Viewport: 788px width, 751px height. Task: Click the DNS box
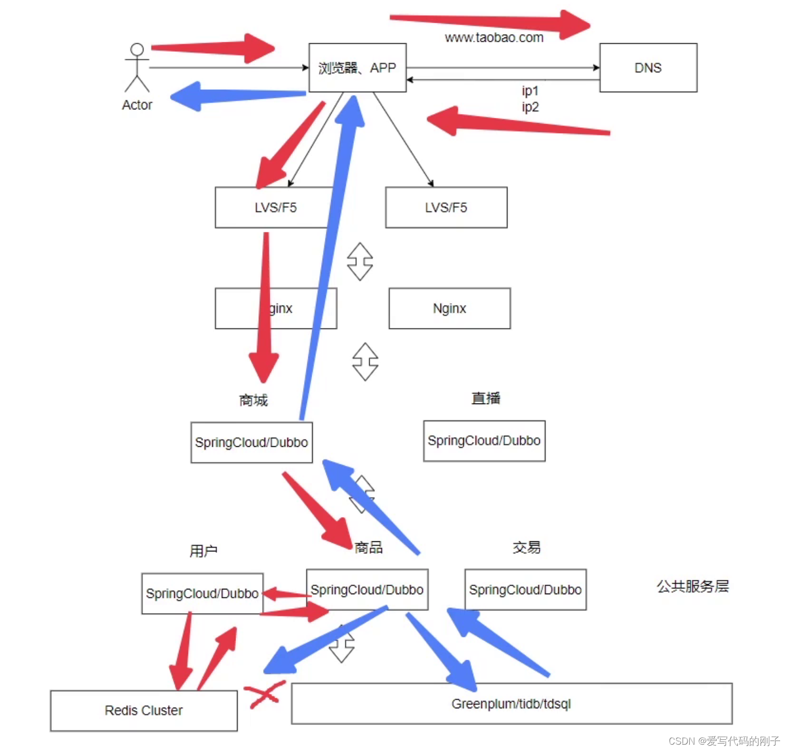[648, 68]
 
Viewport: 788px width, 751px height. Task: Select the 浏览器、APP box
[357, 68]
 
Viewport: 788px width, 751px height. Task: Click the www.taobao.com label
[494, 37]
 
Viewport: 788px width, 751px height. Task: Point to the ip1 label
[530, 91]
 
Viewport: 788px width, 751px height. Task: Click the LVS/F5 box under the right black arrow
[446, 208]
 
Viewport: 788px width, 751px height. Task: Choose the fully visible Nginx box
[449, 308]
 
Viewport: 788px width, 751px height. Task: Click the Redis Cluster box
[144, 710]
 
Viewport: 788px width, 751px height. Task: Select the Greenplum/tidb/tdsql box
[511, 703]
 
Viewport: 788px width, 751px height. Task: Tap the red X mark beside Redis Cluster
[262, 694]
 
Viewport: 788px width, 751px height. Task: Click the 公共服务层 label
[692, 586]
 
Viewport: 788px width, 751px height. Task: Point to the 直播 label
[485, 398]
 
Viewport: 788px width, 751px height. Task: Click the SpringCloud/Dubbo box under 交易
[525, 589]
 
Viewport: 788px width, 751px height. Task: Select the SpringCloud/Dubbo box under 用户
[202, 594]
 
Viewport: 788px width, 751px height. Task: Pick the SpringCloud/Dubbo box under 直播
[484, 441]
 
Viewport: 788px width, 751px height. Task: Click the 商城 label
[254, 400]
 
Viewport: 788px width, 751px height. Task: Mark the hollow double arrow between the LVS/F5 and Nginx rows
[360, 261]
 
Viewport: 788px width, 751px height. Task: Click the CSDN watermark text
[724, 741]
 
